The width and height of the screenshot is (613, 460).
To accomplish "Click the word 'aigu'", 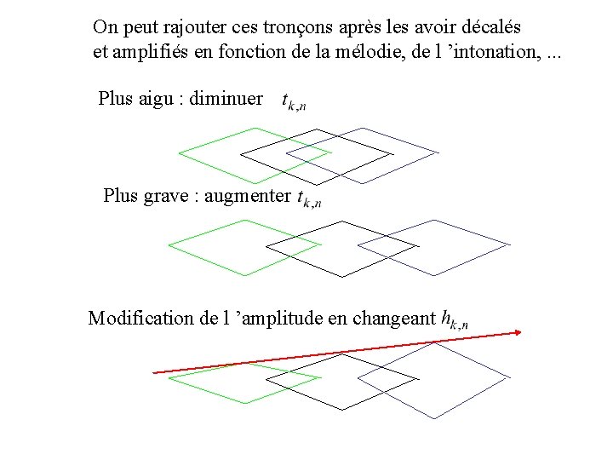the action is point(161,99).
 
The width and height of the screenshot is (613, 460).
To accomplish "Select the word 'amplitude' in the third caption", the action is point(284,319).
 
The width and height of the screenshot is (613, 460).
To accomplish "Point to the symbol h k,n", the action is point(454,320).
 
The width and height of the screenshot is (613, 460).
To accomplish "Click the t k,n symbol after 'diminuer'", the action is point(294,101).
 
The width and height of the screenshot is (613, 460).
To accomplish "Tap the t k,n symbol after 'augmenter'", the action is point(309,199).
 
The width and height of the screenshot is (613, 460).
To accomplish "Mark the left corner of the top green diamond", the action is point(178,154).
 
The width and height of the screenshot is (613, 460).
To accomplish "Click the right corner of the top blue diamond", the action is point(438,153).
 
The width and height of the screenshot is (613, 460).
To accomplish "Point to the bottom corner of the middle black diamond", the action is point(342,277).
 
